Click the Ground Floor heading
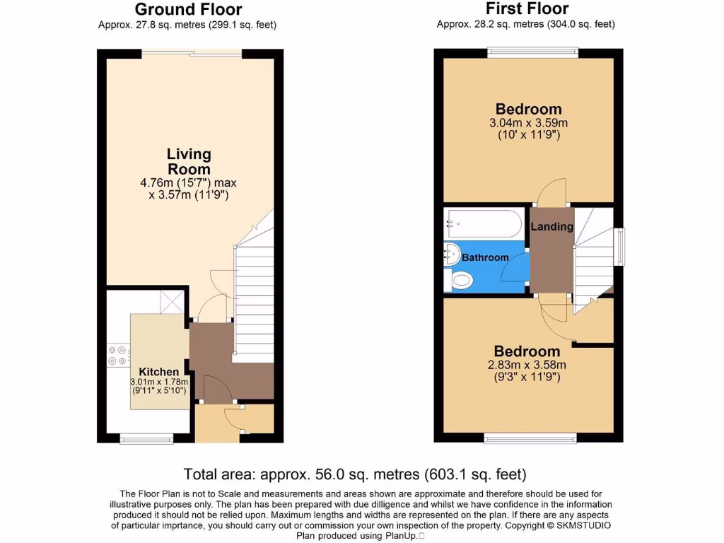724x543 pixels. [187, 9]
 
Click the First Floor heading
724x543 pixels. [527, 8]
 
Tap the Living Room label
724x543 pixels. [189, 161]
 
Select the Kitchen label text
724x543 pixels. [158, 372]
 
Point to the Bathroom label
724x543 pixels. [485, 257]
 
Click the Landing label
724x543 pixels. [551, 226]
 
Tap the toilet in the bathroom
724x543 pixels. [460, 281]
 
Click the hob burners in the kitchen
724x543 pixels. [117, 354]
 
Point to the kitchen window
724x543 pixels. [146, 439]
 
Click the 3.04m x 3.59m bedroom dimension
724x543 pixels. [529, 122]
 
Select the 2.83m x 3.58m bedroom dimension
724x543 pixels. [527, 365]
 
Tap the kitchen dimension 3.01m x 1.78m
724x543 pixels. [158, 383]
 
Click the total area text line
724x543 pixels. [355, 474]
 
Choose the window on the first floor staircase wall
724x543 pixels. [620, 247]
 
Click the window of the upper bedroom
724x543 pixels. [532, 52]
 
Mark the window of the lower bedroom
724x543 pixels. [529, 438]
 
